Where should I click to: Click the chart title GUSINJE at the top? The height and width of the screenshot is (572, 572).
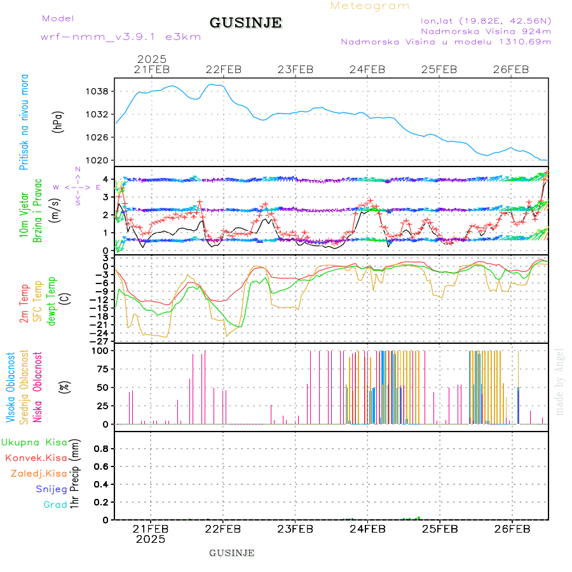click(245, 23)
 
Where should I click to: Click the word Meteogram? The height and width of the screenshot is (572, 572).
click(370, 6)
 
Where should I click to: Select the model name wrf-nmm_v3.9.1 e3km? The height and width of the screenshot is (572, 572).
click(121, 37)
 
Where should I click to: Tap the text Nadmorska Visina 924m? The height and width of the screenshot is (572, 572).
click(486, 31)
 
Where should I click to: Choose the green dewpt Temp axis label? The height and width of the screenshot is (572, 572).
click(51, 299)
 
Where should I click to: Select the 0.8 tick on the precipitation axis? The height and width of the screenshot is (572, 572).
click(100, 449)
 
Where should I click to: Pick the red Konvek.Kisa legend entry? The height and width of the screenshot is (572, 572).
click(36, 458)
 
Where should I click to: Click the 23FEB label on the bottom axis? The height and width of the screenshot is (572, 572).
click(295, 529)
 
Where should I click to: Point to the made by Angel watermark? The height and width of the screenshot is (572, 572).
click(559, 381)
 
